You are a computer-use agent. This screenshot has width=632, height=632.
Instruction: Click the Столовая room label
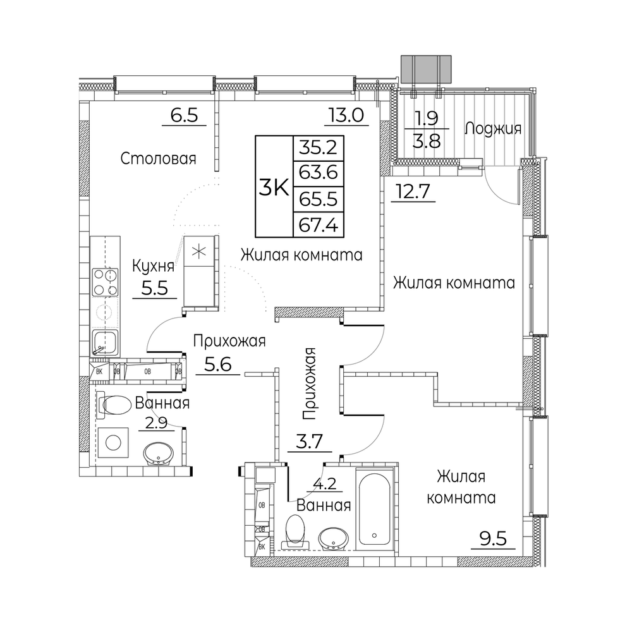coord(158,159)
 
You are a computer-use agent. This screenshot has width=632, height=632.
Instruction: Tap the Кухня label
coord(154,266)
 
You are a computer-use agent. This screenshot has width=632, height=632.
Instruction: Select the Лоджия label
coord(493,128)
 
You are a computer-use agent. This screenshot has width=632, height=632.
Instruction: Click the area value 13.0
coord(346,115)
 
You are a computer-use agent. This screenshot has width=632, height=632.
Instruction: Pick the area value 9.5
coord(494,538)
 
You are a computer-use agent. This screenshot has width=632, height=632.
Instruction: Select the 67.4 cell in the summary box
coord(319,224)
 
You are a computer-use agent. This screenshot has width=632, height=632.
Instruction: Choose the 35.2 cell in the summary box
coord(319,148)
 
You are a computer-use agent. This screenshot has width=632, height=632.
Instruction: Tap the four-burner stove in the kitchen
coord(105,282)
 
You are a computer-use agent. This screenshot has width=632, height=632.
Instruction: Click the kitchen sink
coord(105,343)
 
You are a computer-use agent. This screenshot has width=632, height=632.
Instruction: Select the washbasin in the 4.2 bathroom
coord(333,538)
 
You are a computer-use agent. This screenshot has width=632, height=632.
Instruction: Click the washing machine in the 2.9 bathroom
coord(113,442)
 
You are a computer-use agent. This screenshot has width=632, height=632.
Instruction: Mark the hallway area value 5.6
coord(218,365)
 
